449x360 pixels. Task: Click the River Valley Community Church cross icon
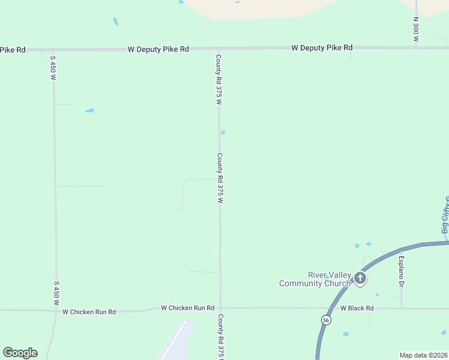coord(360,278)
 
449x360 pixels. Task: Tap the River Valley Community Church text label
coord(315,280)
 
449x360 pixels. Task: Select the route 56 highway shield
coord(325,320)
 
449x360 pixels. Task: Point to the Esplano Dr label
coord(401,272)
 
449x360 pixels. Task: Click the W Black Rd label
coord(357,308)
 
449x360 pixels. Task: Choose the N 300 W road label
coord(415,29)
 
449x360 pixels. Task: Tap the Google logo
coord(20,353)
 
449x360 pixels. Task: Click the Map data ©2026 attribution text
coord(423,355)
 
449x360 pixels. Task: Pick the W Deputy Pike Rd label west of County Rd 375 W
coord(158,49)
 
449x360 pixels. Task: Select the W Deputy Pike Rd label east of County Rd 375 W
coord(322,47)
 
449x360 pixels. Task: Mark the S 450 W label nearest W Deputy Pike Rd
coord(53,68)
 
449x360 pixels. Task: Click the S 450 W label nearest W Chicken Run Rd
coord(56,293)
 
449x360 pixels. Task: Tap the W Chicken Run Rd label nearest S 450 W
coord(89,312)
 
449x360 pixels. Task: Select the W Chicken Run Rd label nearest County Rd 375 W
coord(187,308)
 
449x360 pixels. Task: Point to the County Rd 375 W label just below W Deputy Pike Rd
coord(219,80)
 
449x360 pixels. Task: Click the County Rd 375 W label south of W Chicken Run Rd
coord(221,336)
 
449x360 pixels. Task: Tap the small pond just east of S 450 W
coord(89,110)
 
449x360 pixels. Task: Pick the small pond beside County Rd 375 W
coord(222,133)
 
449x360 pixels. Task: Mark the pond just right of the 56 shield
coord(345,334)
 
